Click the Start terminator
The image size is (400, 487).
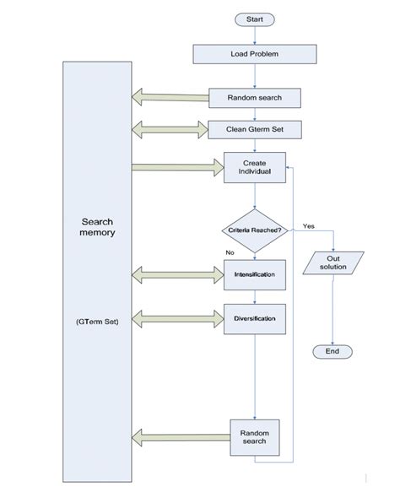point(254,19)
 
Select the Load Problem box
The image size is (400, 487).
point(254,54)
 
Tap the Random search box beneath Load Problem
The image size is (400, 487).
point(254,98)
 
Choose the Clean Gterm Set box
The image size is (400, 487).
point(254,130)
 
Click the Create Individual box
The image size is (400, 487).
point(254,168)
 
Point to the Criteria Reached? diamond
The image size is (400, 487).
point(254,230)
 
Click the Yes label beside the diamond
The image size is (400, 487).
point(308,226)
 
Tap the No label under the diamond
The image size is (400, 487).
point(230,252)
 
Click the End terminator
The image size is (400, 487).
point(332,351)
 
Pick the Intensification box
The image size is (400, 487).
point(254,274)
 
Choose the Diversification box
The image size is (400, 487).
point(254,318)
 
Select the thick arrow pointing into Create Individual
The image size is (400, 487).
point(176,167)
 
